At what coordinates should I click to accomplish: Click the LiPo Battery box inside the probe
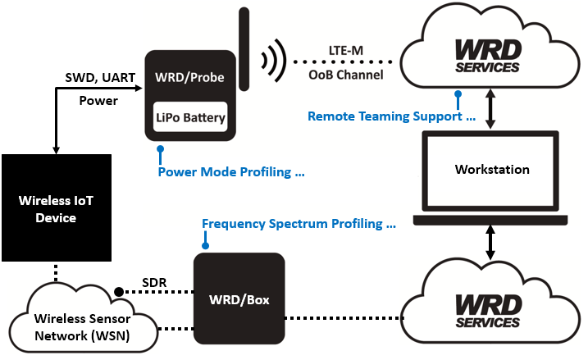(x=190, y=118)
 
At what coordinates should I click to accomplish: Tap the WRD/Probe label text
(x=190, y=80)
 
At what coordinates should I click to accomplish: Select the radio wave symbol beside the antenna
(x=273, y=59)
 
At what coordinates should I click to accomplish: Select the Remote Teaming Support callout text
(x=392, y=116)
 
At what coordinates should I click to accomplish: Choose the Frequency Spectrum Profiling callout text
(x=299, y=223)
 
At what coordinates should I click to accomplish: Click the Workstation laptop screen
(x=492, y=170)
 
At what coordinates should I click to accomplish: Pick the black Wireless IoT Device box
(x=56, y=208)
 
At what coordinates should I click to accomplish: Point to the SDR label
(x=153, y=283)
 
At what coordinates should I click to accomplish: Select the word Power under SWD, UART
(x=98, y=101)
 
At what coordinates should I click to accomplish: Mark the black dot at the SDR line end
(x=120, y=292)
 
